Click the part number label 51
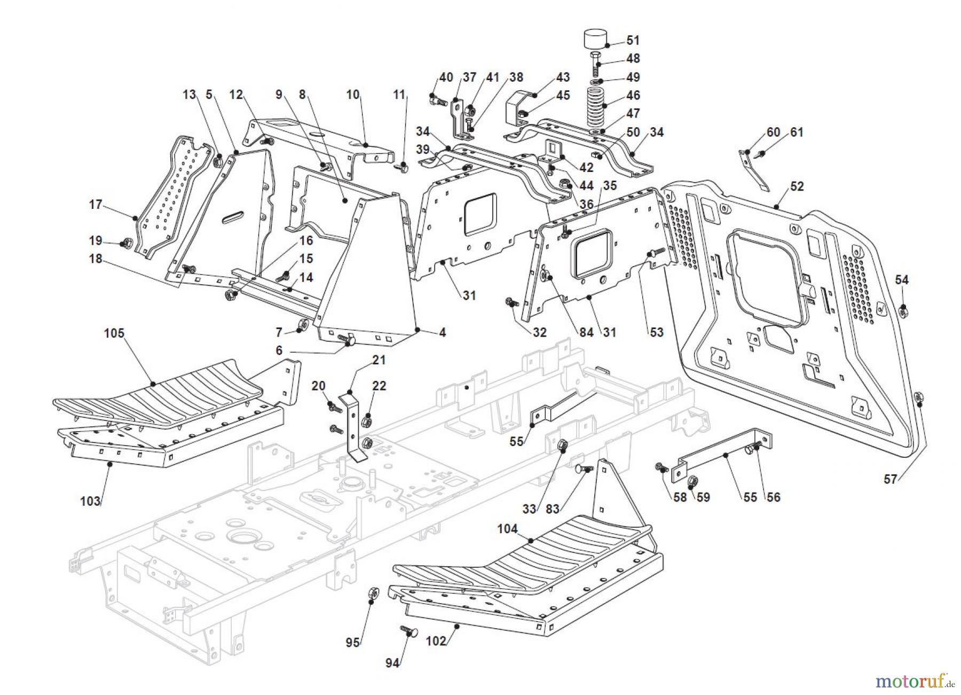tap(633, 40)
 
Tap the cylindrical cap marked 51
tap(596, 39)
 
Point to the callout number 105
tap(114, 333)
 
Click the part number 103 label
tap(90, 501)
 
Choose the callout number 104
tap(507, 529)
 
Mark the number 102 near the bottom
tap(436, 641)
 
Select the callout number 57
tap(890, 479)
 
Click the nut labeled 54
tap(903, 309)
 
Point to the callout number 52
tap(797, 186)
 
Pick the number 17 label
tap(95, 205)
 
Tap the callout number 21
tap(379, 360)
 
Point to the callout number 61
tap(797, 132)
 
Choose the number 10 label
tap(353, 95)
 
